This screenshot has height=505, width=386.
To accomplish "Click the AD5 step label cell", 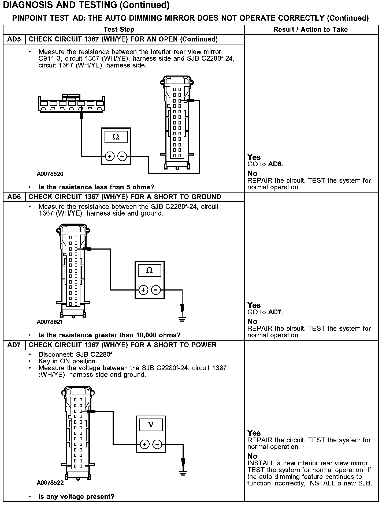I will (x=14, y=39).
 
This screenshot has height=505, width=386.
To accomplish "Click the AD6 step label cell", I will (x=14, y=197).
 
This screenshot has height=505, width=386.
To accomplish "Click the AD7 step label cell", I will (x=14, y=345).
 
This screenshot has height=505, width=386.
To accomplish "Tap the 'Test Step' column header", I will (x=119, y=29).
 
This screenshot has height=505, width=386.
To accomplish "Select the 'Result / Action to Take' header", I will (x=310, y=29).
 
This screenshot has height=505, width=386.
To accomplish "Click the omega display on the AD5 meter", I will (x=116, y=137).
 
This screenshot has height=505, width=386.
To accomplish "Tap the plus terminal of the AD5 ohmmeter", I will (x=110, y=156).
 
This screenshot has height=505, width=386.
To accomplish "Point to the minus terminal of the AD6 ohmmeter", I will (x=156, y=290).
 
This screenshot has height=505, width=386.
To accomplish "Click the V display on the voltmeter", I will (x=151, y=424).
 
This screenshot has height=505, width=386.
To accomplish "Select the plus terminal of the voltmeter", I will (x=144, y=444).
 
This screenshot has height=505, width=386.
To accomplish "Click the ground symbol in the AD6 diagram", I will (x=182, y=319).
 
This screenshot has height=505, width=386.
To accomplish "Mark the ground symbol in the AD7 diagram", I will (x=183, y=473).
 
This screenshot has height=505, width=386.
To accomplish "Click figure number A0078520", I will (x=50, y=174).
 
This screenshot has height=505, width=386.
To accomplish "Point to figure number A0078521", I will (x=50, y=322).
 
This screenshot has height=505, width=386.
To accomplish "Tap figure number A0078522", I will (x=50, y=483).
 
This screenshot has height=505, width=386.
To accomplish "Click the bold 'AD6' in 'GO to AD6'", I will (x=275, y=164).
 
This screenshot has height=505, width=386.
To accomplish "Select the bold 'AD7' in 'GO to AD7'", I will (x=275, y=312).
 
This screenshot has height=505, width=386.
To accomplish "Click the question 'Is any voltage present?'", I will (x=76, y=497).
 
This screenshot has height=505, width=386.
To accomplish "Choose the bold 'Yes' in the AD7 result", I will (x=254, y=433).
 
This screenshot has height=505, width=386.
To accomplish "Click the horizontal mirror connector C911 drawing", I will (x=71, y=104).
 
